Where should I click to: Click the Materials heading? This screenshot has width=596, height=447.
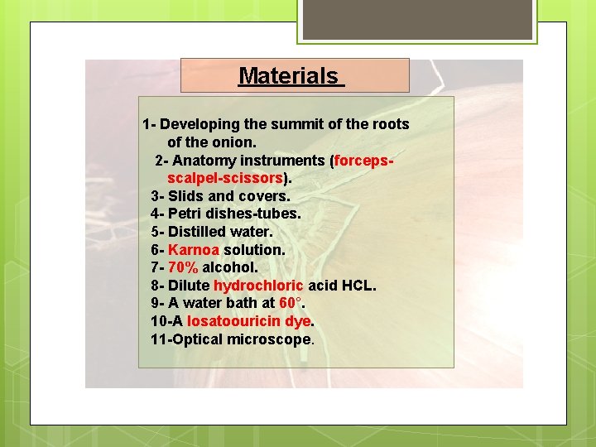(289, 76)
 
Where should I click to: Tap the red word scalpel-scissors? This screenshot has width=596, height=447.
(225, 179)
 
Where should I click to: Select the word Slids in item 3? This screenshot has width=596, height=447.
(185, 196)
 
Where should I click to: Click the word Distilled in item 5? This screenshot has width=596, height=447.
(199, 232)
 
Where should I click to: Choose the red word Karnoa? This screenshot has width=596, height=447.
(194, 250)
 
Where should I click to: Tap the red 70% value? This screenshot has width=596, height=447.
(183, 267)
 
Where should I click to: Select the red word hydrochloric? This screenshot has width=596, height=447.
(258, 286)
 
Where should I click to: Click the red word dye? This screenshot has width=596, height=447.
(297, 321)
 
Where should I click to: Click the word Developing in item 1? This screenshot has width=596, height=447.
(199, 125)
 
